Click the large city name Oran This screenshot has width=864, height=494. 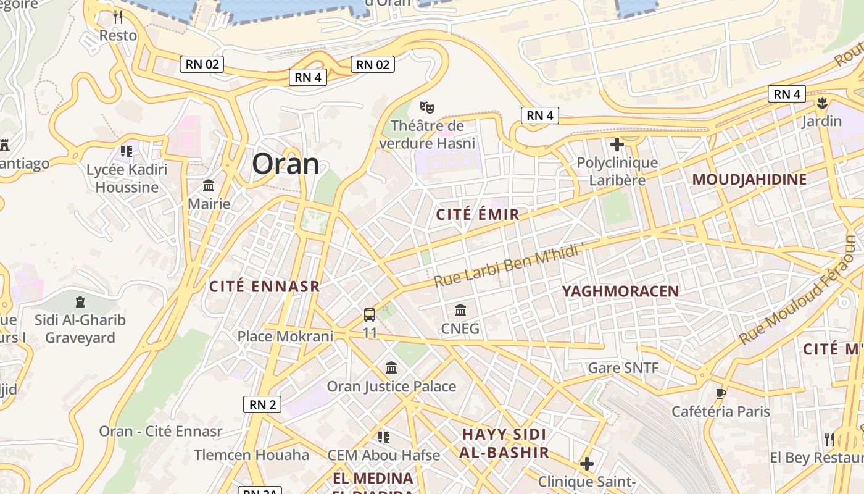286,164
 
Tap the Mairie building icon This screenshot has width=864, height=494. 209,186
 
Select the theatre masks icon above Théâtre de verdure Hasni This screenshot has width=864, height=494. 427,107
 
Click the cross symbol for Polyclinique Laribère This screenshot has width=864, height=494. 617,145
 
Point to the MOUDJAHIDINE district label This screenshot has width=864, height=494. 749,180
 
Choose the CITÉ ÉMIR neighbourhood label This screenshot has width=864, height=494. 478,215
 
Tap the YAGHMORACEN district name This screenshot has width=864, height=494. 620,291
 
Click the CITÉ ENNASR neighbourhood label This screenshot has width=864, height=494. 264,287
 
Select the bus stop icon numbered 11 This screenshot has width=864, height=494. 370,315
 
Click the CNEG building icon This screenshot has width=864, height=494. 460,310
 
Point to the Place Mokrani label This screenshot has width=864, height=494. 285,337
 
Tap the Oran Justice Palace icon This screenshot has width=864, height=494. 391,368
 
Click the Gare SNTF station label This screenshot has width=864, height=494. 623,368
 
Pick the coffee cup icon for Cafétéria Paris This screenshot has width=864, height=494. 720,393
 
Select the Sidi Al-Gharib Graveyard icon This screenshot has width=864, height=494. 80,302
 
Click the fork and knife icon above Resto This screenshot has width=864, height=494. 118,17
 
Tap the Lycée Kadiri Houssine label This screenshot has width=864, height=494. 127,178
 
